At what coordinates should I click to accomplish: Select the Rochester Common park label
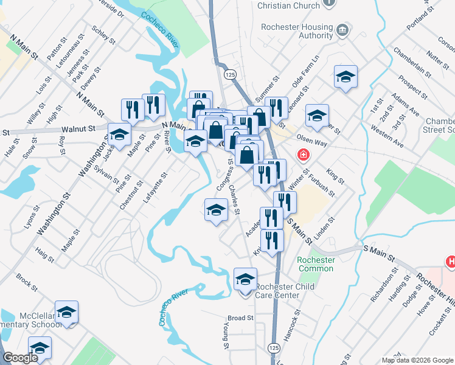(316, 264)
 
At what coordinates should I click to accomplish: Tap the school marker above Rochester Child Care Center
(245, 279)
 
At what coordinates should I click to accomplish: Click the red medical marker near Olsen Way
(302, 156)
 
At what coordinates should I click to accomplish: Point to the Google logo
(20, 358)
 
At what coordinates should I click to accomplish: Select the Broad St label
(240, 318)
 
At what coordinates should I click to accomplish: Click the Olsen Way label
(312, 141)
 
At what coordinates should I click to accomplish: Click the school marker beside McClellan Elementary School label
(66, 313)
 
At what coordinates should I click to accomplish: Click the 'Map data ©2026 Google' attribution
(417, 360)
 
